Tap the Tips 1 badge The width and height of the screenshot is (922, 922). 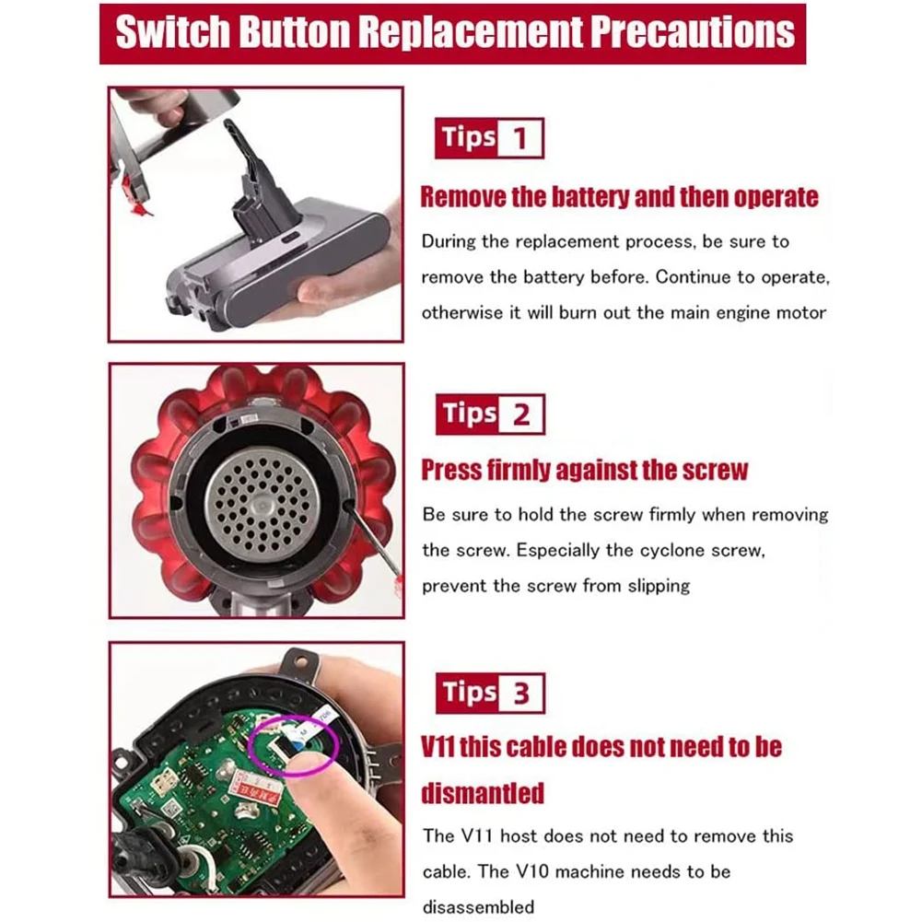pos(489,138)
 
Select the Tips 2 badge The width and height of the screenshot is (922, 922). pos(489,414)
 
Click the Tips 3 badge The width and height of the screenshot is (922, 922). pos(489,693)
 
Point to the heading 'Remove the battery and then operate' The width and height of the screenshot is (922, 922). pos(619,197)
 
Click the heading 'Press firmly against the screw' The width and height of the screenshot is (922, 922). pos(585,470)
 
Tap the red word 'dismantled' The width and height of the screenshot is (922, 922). pos(483,792)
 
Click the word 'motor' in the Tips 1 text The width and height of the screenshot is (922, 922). pos(801,312)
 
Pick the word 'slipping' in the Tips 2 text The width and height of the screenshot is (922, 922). pos(656,585)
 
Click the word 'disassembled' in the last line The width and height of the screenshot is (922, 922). pos(478,906)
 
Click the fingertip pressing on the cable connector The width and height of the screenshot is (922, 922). pos(313,762)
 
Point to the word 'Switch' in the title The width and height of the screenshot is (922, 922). pos(173,33)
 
